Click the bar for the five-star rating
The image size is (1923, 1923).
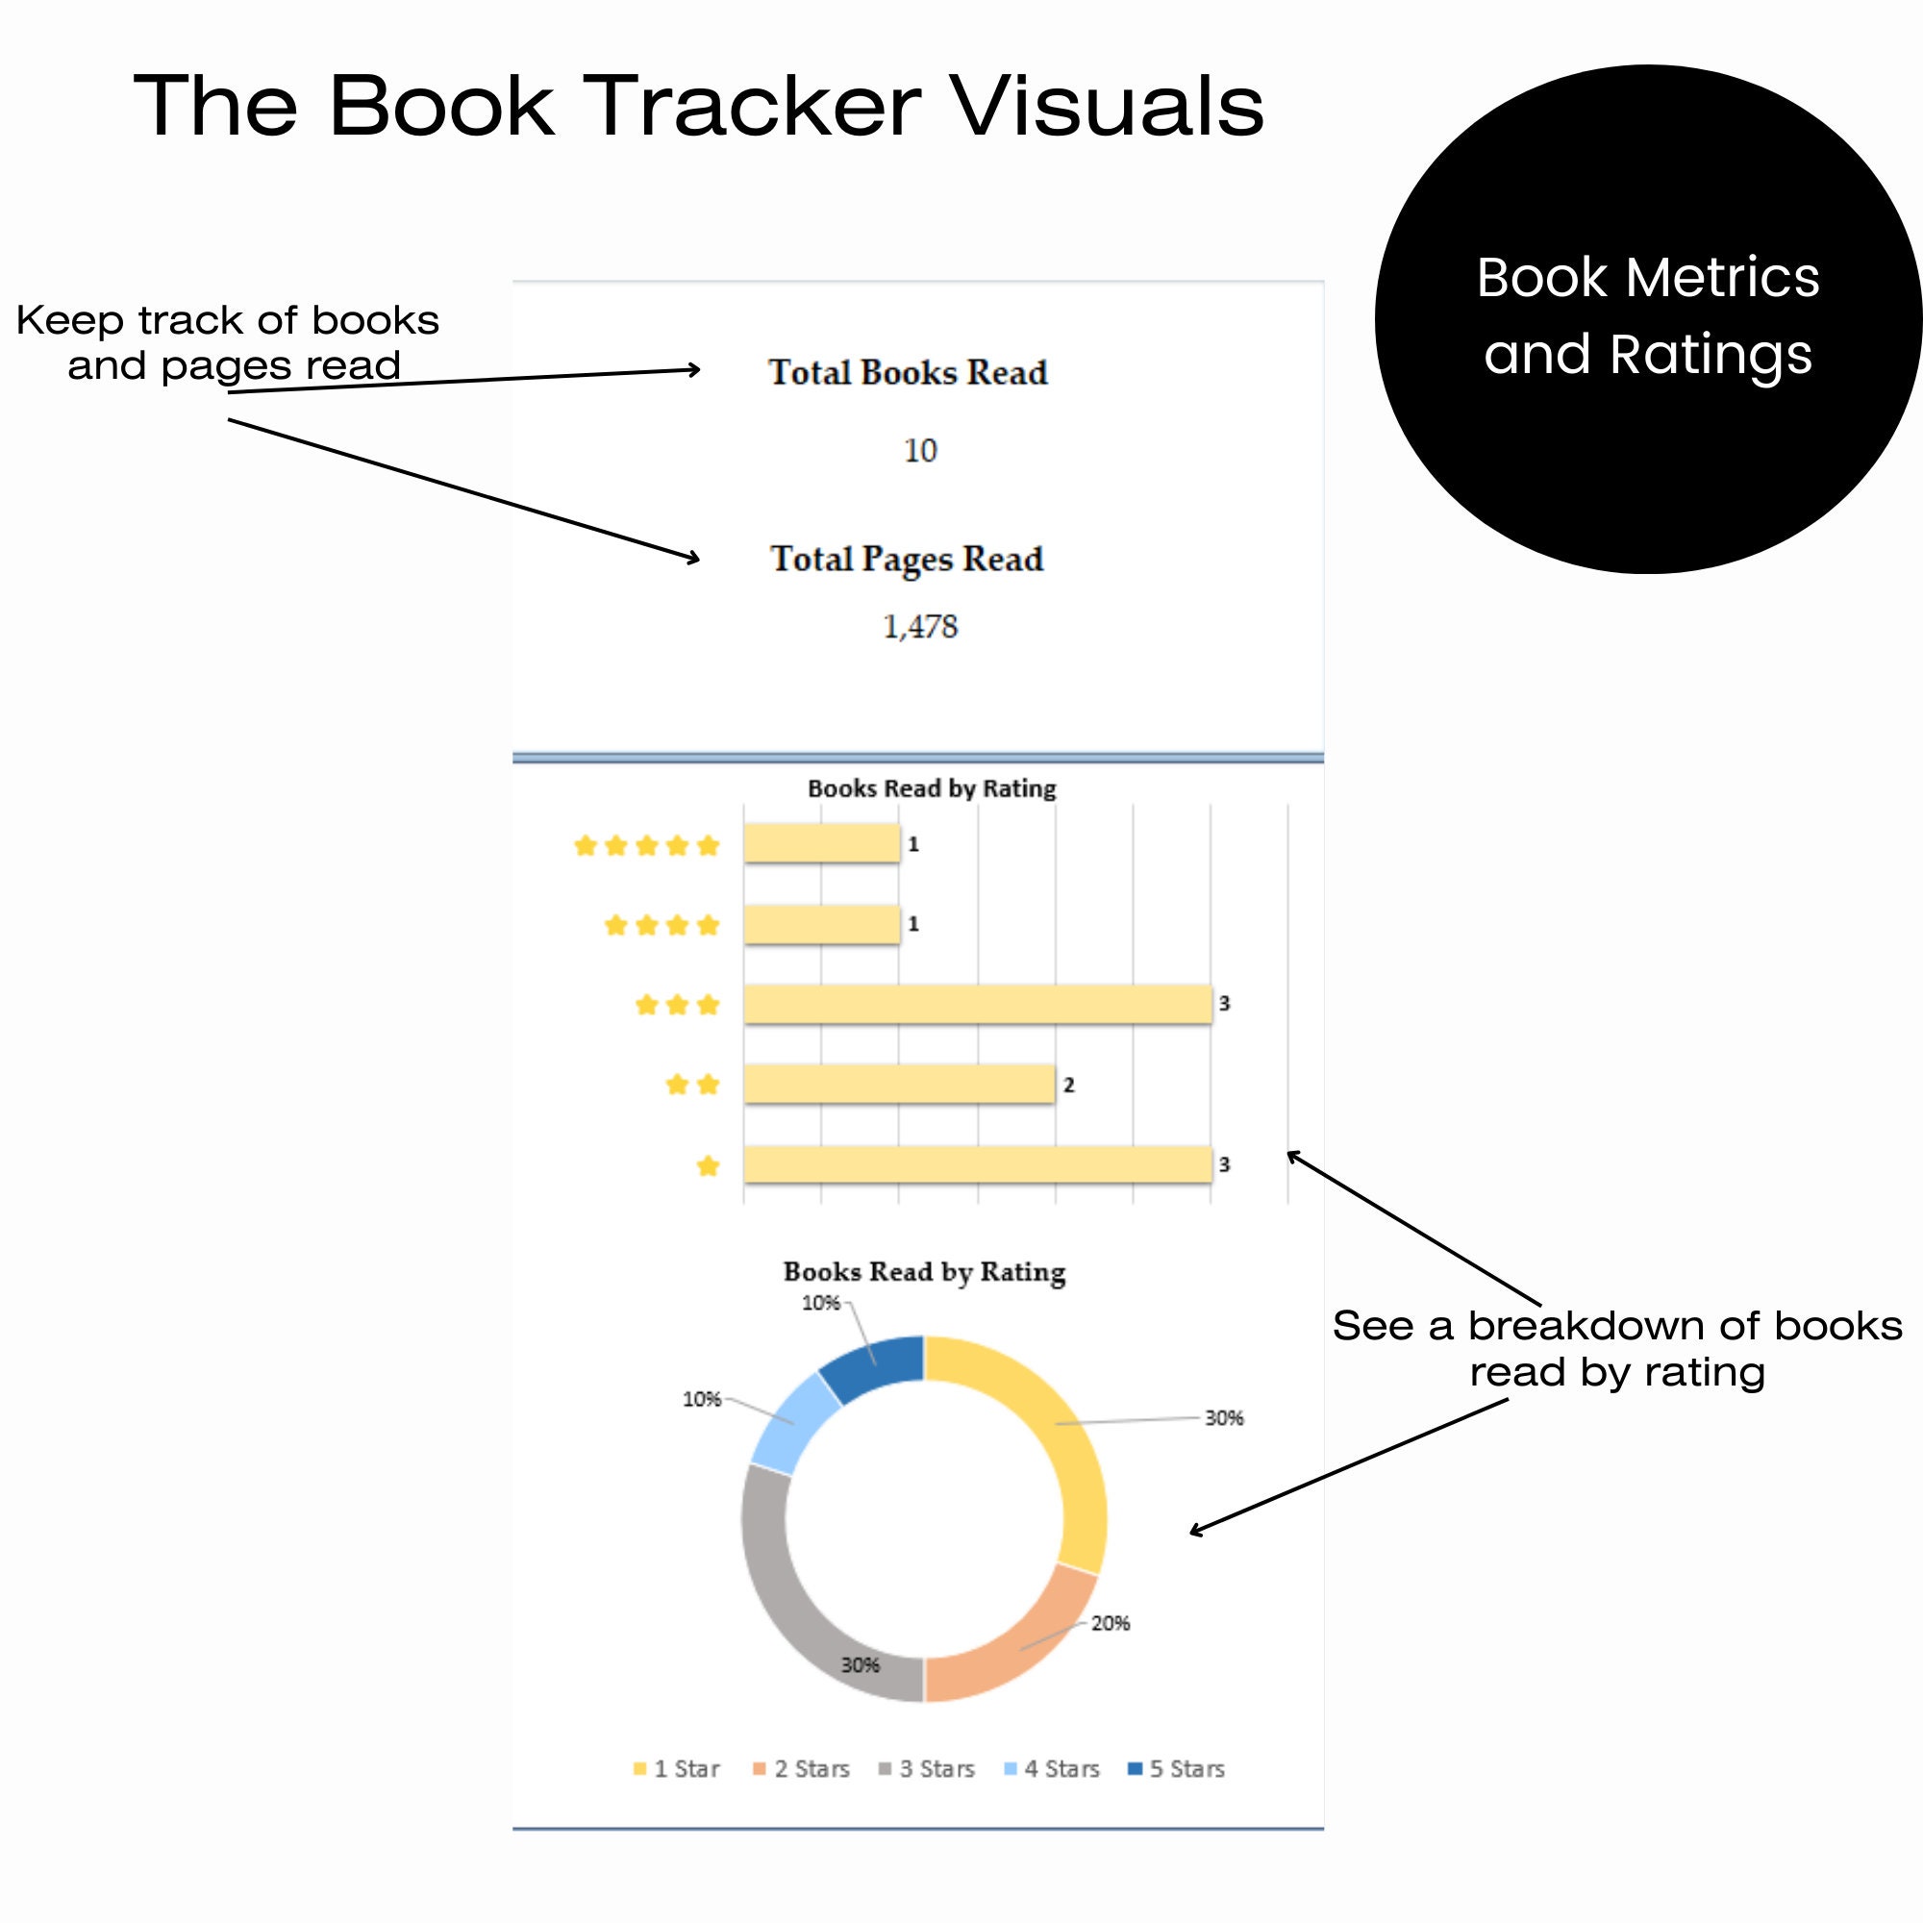(x=821, y=844)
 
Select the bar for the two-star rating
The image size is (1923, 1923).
(x=899, y=1084)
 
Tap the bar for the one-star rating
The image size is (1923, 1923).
(x=977, y=1164)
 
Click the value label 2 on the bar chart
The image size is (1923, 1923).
(x=1068, y=1085)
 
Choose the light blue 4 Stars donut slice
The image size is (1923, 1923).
(x=794, y=1421)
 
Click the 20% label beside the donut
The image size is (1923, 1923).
(x=1110, y=1623)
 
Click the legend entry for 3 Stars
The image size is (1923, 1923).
(x=927, y=1769)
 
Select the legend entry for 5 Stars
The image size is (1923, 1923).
(x=1177, y=1769)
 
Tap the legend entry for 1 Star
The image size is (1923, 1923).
(x=677, y=1769)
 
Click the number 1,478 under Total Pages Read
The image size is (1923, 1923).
(x=920, y=626)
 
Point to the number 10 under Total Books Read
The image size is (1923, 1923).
(x=920, y=450)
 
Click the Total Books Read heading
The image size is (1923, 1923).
(x=908, y=372)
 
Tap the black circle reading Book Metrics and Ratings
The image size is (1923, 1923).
(x=1647, y=318)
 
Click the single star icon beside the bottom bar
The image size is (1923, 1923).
(x=708, y=1165)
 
